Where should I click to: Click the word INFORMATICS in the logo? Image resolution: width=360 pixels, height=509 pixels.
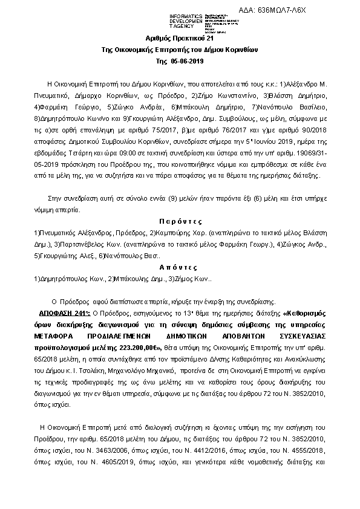pos(185,14)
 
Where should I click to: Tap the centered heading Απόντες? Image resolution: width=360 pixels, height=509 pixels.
pos(180,267)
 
